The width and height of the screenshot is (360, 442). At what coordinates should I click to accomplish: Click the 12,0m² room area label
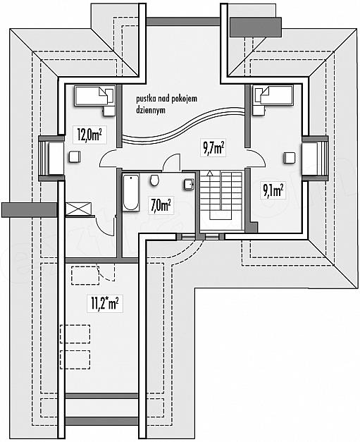pyautogui.click(x=89, y=135)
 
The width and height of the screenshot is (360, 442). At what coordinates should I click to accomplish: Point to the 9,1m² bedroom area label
pyautogui.click(x=273, y=190)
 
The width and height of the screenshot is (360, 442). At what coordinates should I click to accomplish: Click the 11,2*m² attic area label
pyautogui.click(x=104, y=304)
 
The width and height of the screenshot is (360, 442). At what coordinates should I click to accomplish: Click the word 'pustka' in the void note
pyautogui.click(x=144, y=99)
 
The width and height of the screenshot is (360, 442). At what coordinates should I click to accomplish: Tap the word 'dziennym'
pyautogui.click(x=151, y=110)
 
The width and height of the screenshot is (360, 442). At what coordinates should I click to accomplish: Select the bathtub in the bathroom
pyautogui.click(x=131, y=192)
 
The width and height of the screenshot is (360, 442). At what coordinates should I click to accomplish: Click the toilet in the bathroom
pyautogui.click(x=154, y=180)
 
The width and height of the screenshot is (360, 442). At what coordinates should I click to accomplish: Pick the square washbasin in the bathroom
pyautogui.click(x=189, y=184)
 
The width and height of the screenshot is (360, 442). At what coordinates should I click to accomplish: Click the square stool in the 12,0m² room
pyautogui.click(x=75, y=156)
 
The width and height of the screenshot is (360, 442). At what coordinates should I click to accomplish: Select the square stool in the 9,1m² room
pyautogui.click(x=290, y=158)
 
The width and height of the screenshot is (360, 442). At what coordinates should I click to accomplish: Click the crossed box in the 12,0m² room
pyautogui.click(x=79, y=210)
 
